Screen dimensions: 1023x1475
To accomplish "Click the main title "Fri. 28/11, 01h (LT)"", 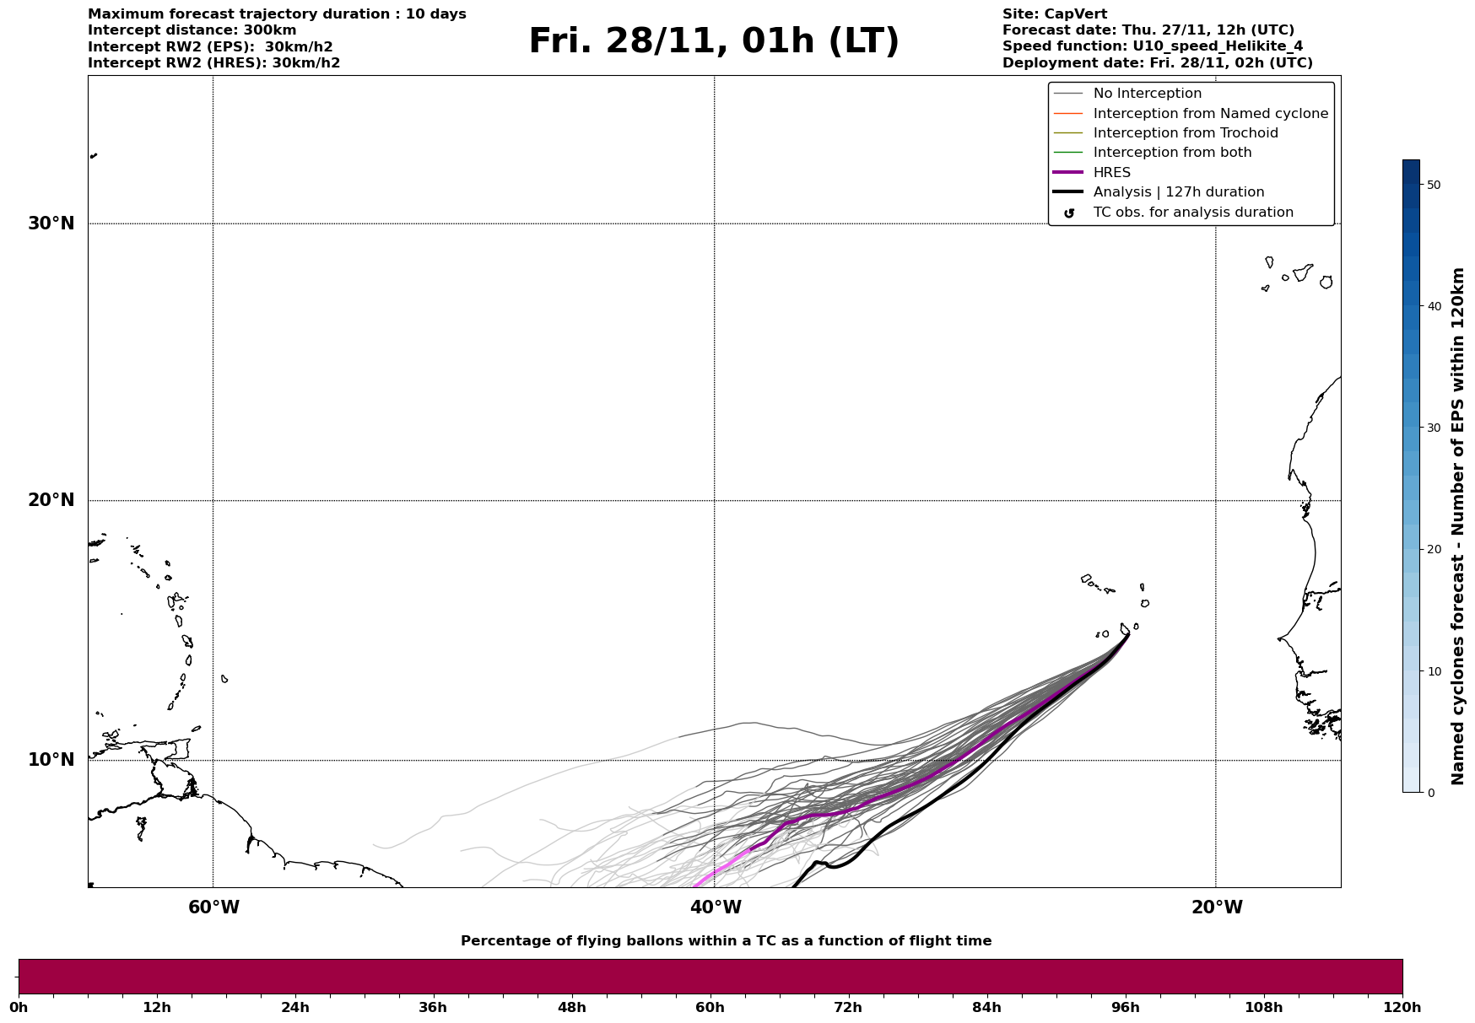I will click(x=714, y=41).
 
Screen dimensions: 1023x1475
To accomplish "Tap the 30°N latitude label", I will click(x=51, y=223).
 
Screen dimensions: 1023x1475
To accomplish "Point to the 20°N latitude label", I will click(x=51, y=500).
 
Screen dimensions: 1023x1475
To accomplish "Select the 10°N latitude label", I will click(x=51, y=760).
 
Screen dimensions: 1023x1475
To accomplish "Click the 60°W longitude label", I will click(x=213, y=907).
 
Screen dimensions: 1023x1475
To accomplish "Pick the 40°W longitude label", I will click(x=715, y=907).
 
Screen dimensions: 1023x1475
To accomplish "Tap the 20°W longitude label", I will click(x=1216, y=907).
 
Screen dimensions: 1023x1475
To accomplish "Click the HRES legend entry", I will click(x=1111, y=173).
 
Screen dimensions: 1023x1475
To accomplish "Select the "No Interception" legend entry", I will click(x=1147, y=94).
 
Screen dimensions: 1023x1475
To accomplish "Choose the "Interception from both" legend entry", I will click(x=1172, y=153).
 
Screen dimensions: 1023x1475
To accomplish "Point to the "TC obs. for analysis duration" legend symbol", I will click(x=1069, y=213).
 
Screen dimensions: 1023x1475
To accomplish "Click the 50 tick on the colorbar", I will click(x=1433, y=185).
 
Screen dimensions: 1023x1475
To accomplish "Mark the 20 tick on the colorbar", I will click(x=1433, y=549).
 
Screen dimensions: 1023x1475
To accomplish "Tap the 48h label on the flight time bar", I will click(x=571, y=1008).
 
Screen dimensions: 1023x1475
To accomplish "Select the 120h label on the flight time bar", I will click(x=1402, y=1008).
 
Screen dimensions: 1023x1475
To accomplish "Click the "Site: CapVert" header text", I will click(x=1055, y=14).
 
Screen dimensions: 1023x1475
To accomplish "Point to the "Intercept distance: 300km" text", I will click(x=192, y=30).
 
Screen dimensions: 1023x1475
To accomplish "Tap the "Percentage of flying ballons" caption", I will click(x=726, y=941).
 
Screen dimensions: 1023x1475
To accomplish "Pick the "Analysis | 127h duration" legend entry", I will click(x=1178, y=192).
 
